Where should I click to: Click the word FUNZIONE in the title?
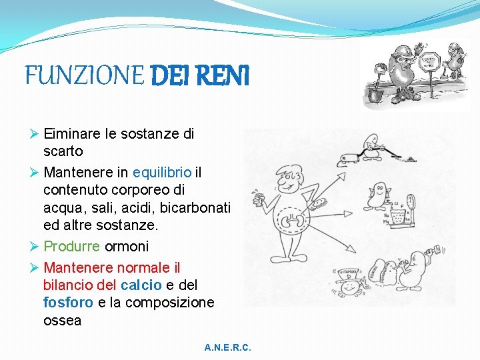coord(83,75)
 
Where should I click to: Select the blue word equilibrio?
coord(162,173)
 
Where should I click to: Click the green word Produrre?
coord(72,246)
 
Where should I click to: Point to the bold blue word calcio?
coord(141,285)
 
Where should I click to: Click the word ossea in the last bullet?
coord(63,321)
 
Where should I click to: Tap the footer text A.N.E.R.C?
coord(228,348)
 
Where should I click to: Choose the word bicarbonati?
coord(196,208)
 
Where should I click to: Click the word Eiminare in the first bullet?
coord(73,133)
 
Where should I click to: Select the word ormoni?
coord(127,246)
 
